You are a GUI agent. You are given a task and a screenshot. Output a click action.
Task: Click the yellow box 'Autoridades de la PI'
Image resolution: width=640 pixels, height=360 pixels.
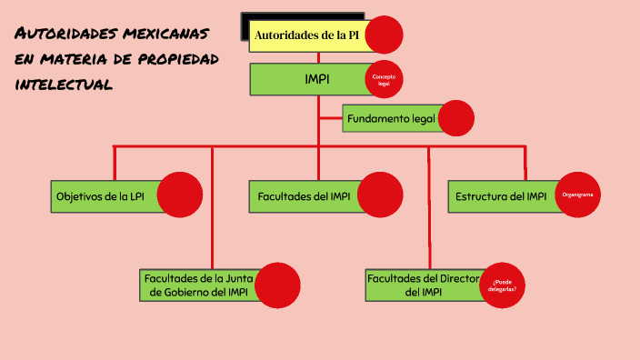click(307, 36)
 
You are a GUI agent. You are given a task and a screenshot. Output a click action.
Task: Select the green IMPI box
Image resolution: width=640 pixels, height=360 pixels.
click(309, 80)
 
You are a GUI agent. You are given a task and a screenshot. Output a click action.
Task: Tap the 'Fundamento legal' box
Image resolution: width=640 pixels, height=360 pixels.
click(391, 118)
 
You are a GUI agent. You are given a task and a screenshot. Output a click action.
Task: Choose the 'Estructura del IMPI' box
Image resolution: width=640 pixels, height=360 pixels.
click(501, 196)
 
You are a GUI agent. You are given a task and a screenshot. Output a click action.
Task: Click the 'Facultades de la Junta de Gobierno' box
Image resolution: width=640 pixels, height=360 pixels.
click(198, 285)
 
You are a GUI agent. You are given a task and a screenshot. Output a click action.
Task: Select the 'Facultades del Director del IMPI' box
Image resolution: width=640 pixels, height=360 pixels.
click(422, 285)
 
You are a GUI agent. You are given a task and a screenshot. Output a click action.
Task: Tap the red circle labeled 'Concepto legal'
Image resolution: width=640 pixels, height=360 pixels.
click(384, 79)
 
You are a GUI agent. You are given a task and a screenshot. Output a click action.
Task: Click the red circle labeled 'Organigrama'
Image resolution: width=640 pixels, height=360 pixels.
click(577, 195)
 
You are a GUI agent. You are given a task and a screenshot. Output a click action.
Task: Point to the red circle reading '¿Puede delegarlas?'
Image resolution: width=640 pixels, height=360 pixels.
click(504, 285)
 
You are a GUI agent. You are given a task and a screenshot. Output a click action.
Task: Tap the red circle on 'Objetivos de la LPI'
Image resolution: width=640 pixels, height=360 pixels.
click(180, 195)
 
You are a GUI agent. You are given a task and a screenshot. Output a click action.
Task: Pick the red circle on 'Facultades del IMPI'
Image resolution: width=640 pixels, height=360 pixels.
click(380, 195)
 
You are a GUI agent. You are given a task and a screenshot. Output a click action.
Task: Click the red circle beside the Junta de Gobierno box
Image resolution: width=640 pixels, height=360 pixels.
click(277, 285)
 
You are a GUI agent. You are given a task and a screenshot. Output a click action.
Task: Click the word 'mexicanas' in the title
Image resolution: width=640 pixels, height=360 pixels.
click(169, 34)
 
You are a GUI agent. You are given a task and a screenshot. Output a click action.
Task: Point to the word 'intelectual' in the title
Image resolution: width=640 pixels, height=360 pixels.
click(64, 85)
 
